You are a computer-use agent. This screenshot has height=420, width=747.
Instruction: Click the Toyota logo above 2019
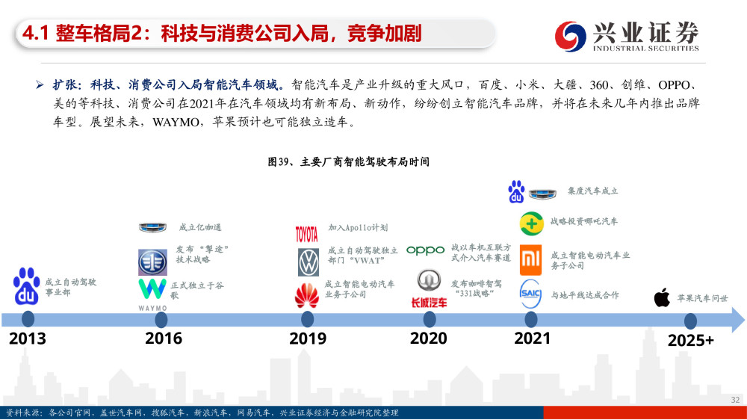pyautogui.click(x=306, y=234)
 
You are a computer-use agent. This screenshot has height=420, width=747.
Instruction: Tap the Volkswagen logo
pyautogui.click(x=309, y=262)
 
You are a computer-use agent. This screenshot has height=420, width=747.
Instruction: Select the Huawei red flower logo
pyautogui.click(x=307, y=296)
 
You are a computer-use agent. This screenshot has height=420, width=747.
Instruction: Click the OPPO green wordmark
pyautogui.click(x=426, y=250)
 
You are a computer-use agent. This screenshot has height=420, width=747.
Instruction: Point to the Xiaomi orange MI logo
pyautogui.click(x=530, y=260)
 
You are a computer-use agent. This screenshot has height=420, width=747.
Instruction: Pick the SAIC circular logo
pyautogui.click(x=530, y=294)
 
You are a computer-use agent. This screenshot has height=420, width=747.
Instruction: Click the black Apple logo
pyautogui.click(x=662, y=297)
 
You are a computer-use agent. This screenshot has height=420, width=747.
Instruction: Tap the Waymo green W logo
pyautogui.click(x=152, y=289)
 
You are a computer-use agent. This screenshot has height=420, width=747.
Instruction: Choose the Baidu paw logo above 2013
pyautogui.click(x=27, y=286)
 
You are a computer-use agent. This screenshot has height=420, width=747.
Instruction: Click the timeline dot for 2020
pyautogui.click(x=430, y=319)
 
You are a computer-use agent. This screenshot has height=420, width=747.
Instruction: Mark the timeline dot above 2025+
pyautogui.click(x=690, y=321)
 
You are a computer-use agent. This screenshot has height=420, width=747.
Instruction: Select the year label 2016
pyautogui.click(x=164, y=339)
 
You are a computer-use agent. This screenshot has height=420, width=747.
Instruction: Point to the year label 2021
pyautogui.click(x=532, y=339)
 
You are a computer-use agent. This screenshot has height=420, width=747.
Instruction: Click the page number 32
pyautogui.click(x=735, y=400)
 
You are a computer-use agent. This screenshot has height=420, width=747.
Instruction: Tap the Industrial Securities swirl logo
pyautogui.click(x=570, y=36)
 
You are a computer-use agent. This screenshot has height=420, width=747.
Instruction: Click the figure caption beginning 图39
pyautogui.click(x=348, y=162)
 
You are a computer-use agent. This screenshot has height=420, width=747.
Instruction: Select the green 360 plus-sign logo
pyautogui.click(x=531, y=223)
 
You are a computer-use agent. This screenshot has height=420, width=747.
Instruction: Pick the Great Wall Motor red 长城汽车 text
pyautogui.click(x=429, y=302)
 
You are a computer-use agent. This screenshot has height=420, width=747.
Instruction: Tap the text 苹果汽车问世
pyautogui.click(x=703, y=298)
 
